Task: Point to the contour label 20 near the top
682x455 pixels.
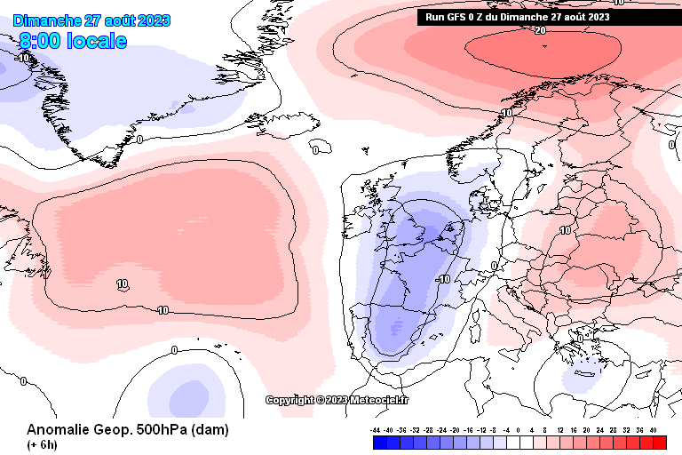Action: pos(540,30)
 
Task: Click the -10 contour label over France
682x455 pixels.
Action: pos(443,279)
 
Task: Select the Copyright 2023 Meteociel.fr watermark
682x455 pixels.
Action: pos(337,400)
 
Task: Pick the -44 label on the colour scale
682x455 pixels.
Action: pos(377,429)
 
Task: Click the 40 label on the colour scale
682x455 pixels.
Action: pos(654,429)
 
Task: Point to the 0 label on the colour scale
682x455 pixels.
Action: pos(519,429)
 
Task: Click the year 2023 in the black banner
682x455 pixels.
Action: pos(598,16)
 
